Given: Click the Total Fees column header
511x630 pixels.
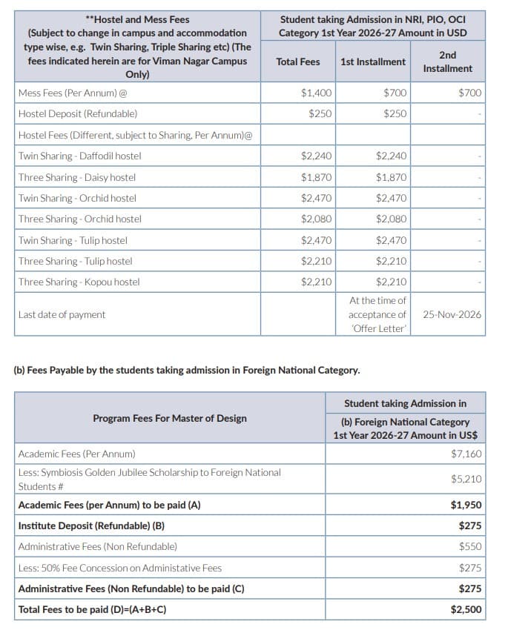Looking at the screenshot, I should (x=297, y=62).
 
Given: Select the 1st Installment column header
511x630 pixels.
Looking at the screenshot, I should (x=372, y=62).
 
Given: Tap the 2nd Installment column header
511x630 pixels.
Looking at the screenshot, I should (x=447, y=62).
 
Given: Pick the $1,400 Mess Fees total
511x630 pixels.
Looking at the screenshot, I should (x=317, y=93).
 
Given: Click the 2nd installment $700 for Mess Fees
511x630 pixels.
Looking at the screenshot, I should (x=469, y=93).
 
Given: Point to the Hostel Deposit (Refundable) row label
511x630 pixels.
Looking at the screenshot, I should (x=78, y=114).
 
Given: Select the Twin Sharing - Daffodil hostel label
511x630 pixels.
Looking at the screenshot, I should (x=79, y=156).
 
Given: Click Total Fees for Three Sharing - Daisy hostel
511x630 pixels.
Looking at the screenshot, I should (x=317, y=177).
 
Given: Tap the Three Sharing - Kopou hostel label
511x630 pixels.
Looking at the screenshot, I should (x=79, y=282).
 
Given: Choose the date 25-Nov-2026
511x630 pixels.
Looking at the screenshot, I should (x=452, y=314).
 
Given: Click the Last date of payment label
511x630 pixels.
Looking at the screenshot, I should (x=62, y=314).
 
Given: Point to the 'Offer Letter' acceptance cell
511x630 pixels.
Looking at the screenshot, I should (x=378, y=314).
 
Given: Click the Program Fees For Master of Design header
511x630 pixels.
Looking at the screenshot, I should (x=170, y=418).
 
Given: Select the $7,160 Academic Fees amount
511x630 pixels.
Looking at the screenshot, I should (x=466, y=454).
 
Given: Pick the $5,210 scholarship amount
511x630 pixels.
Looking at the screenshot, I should (x=466, y=479).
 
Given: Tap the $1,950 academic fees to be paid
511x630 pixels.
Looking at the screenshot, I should (x=466, y=505).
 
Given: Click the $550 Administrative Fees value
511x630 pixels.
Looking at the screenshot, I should (x=469, y=546).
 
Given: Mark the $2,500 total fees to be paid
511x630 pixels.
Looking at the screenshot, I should (x=466, y=609).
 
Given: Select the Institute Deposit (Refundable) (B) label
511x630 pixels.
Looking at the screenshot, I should (x=91, y=525).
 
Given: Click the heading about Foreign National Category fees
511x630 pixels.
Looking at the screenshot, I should (x=187, y=370).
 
